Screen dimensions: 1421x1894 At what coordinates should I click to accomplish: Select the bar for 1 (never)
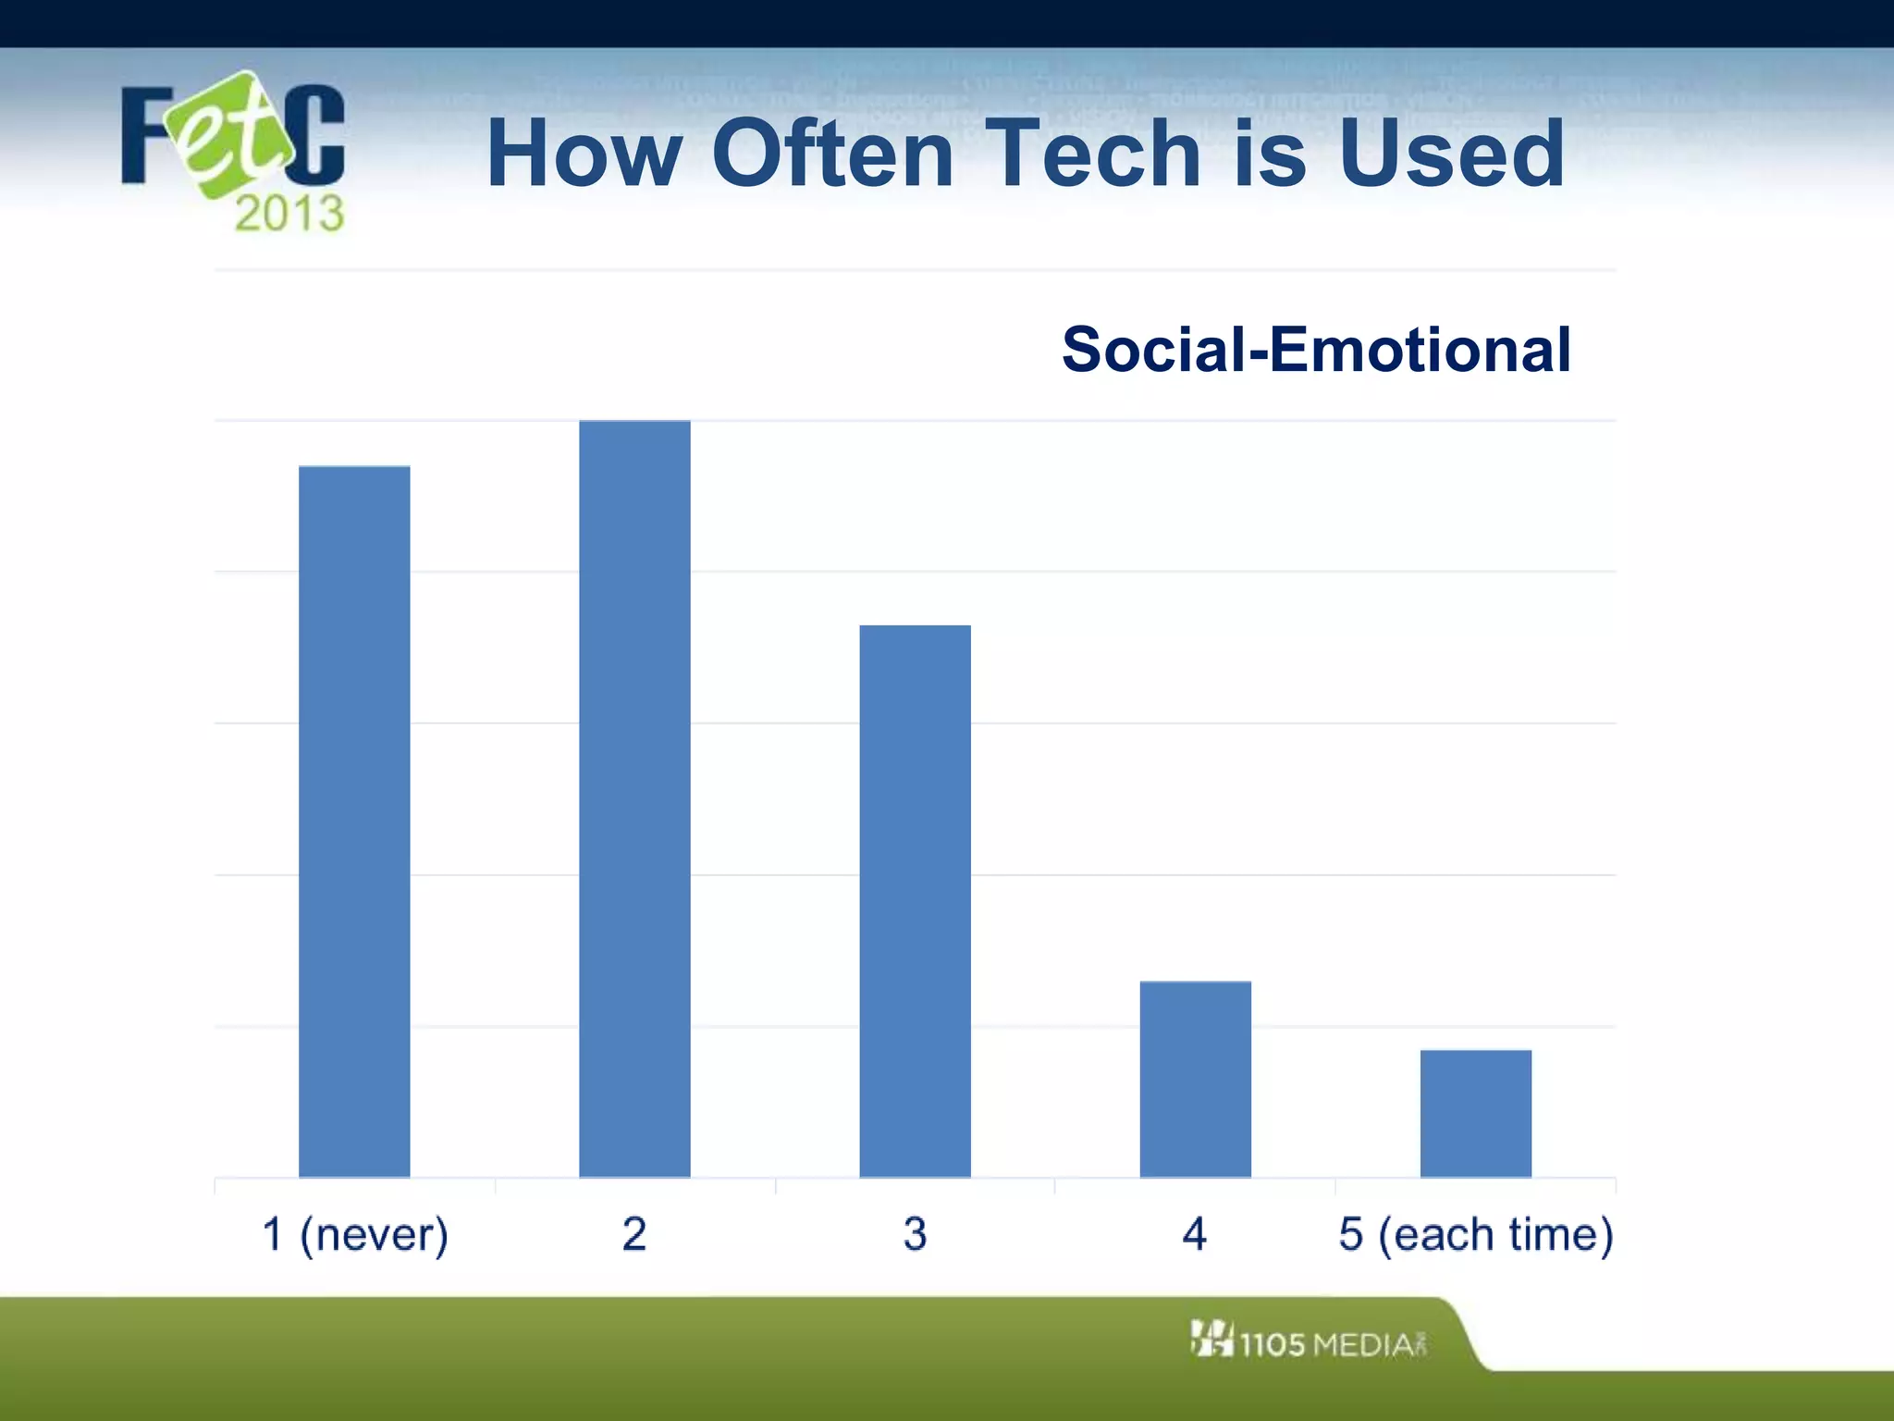(x=354, y=822)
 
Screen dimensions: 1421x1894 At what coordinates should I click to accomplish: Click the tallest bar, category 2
(x=634, y=798)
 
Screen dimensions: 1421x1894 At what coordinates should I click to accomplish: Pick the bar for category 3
(x=915, y=901)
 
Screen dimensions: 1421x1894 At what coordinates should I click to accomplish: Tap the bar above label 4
(x=1195, y=1079)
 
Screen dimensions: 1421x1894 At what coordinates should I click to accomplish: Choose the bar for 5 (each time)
(x=1475, y=1113)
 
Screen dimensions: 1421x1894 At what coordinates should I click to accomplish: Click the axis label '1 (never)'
(x=355, y=1234)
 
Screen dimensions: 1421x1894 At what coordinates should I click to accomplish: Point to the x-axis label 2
(x=634, y=1234)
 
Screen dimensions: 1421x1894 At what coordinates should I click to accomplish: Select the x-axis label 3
(x=915, y=1234)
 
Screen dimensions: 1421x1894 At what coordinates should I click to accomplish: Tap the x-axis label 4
(x=1195, y=1234)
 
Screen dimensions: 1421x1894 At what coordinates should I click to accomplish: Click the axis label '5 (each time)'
(x=1475, y=1234)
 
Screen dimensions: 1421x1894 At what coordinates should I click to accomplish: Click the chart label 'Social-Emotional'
(x=1315, y=350)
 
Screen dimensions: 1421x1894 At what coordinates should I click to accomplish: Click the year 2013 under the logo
(x=289, y=215)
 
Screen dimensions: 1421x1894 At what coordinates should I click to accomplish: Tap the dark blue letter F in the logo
(x=146, y=135)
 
